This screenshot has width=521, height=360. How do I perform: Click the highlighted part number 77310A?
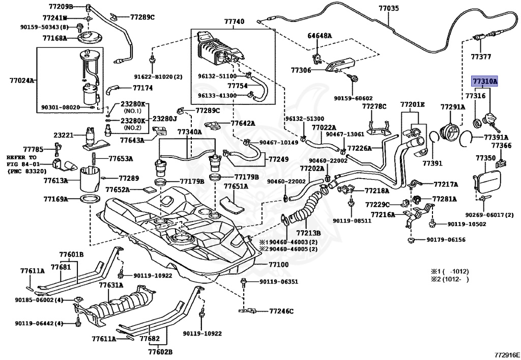pos(484,81)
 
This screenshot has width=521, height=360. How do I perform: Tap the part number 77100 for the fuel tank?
pos(278,265)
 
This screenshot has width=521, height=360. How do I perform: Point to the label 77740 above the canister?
pos(234,22)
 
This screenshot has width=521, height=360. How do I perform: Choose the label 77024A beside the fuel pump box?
pos(22,80)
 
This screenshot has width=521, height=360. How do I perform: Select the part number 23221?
pos(64,135)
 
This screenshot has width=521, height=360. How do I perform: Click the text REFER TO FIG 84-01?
pos(23,161)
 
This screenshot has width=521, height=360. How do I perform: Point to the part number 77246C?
pos(281,310)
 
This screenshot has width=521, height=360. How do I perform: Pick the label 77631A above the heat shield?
pos(111,285)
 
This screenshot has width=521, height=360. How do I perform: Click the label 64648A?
pos(320,36)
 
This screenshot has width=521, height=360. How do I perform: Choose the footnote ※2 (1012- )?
pos(449,280)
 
